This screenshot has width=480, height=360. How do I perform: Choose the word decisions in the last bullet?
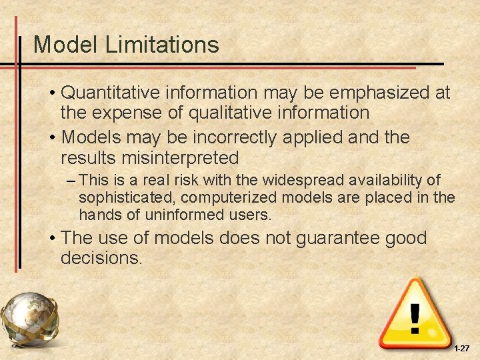coord(100,258)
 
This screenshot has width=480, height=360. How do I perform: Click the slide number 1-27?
coord(461,349)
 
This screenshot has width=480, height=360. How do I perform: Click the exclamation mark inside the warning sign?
coord(415,318)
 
